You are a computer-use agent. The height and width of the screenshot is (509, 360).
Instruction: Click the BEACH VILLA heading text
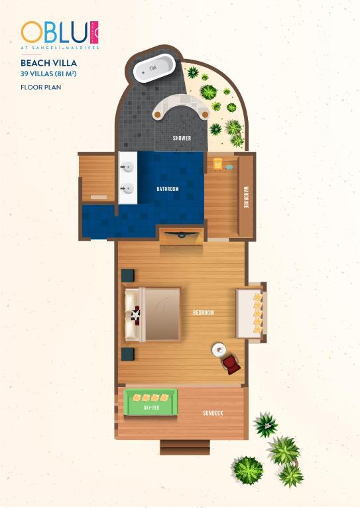tap(49, 64)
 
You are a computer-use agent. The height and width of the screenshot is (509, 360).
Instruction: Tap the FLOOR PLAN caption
tap(41, 86)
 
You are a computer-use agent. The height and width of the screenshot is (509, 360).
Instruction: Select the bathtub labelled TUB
tap(154, 68)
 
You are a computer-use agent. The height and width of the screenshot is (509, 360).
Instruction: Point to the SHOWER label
tap(182, 139)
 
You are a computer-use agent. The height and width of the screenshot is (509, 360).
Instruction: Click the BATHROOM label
tap(167, 190)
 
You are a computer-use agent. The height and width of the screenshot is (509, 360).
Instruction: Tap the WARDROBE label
tap(245, 196)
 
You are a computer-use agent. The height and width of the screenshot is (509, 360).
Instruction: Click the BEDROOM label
tap(203, 312)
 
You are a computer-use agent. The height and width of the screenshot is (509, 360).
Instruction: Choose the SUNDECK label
tap(213, 413)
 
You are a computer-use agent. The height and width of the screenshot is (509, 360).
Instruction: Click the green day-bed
tap(151, 403)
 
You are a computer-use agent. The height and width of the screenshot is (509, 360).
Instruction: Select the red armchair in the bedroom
tap(230, 364)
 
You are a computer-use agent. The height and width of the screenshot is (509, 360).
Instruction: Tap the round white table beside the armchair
tap(218, 349)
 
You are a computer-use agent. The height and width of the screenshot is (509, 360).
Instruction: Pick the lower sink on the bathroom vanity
tap(127, 190)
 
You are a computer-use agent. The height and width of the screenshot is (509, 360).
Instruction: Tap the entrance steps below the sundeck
tap(185, 447)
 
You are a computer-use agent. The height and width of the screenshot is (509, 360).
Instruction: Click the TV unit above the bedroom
tap(181, 236)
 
